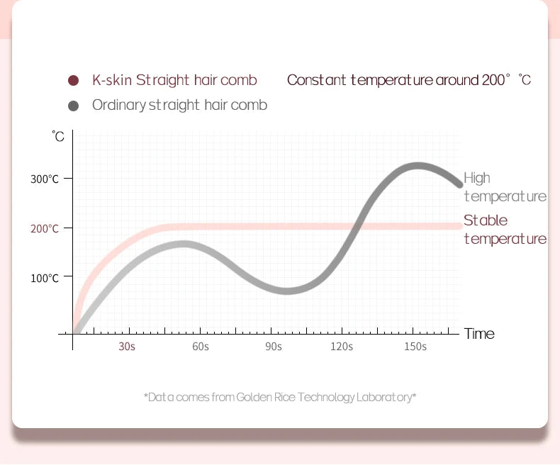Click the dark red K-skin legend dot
pyautogui.click(x=73, y=80)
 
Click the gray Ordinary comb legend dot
pyautogui.click(x=73, y=106)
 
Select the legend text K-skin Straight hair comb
pyautogui.click(x=174, y=80)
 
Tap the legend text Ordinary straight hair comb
pyautogui.click(x=179, y=105)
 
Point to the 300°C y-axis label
pyautogui.click(x=45, y=179)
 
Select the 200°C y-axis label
pyautogui.click(x=45, y=229)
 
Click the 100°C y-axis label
pyautogui.click(x=45, y=278)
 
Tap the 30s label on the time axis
pyautogui.click(x=127, y=347)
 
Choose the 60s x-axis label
pyautogui.click(x=201, y=347)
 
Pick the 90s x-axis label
pyautogui.click(x=274, y=347)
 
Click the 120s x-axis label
pyautogui.click(x=342, y=347)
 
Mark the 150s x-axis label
pyautogui.click(x=415, y=347)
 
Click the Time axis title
pyautogui.click(x=479, y=334)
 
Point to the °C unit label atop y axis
pyautogui.click(x=58, y=136)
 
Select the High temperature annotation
pyautogui.click(x=505, y=187)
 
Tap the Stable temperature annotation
pyautogui.click(x=505, y=229)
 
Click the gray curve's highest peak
pyautogui.click(x=417, y=167)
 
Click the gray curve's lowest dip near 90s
pyautogui.click(x=286, y=291)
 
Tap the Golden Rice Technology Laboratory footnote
pyautogui.click(x=280, y=397)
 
